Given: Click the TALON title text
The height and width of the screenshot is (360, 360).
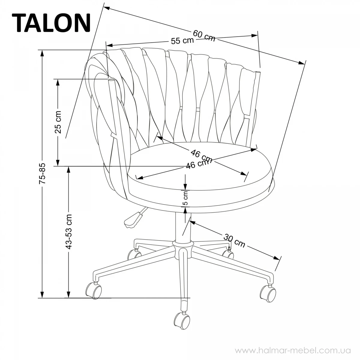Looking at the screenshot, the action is (51, 23).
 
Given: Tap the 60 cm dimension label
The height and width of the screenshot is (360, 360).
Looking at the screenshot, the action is (204, 36).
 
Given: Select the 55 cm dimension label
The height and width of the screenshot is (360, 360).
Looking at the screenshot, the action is (182, 41).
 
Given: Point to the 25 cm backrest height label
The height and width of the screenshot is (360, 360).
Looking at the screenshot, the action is (58, 122).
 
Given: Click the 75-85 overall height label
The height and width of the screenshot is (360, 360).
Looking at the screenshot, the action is (42, 174).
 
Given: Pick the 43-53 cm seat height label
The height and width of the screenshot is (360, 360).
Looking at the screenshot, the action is (69, 232).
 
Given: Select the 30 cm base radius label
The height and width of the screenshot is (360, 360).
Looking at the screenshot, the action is (234, 240).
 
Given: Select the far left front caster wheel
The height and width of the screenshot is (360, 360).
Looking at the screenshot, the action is (94, 291).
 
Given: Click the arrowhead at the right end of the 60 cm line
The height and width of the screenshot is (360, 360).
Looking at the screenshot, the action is (301, 63).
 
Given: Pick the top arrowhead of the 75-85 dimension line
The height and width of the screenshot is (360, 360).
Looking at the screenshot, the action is (42, 53).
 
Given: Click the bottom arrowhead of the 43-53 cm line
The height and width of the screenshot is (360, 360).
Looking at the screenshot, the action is (69, 294).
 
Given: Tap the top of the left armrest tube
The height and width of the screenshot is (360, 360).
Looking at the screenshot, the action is (111, 80).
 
